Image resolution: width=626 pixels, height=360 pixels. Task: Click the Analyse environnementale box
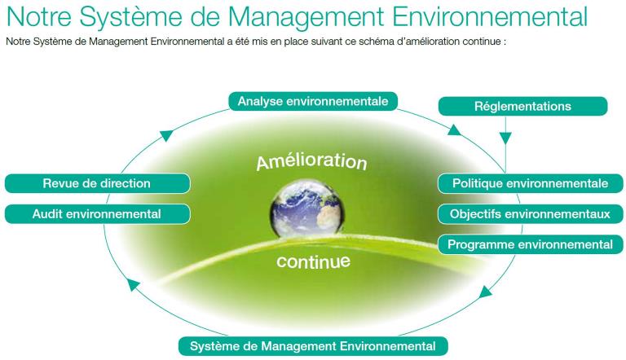tap(313, 101)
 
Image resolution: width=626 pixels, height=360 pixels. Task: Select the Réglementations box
tap(522, 106)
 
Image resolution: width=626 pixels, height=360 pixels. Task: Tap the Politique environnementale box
tap(530, 183)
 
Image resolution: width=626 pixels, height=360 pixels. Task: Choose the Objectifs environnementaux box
tap(530, 214)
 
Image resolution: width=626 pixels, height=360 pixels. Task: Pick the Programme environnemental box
tap(530, 244)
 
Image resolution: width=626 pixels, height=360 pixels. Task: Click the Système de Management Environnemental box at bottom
tap(313, 346)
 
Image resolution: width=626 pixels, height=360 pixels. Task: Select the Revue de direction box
tap(97, 183)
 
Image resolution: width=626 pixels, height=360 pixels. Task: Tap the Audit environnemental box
tap(97, 214)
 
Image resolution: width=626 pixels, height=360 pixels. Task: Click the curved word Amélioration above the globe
tap(311, 160)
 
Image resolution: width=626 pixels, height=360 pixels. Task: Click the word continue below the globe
tap(313, 262)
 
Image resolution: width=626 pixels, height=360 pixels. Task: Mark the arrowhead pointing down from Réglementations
tap(505, 138)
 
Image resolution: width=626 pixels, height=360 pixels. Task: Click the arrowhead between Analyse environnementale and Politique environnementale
tap(454, 130)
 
